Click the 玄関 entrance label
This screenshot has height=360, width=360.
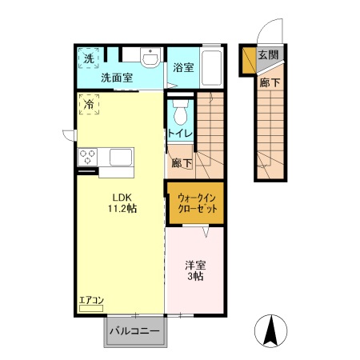pos(268,55)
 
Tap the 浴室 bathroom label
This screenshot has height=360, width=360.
pos(182,68)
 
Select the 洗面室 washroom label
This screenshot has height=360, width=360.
pos(116,78)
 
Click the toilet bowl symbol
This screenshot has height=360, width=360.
pos(179,111)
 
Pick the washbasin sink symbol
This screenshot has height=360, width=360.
pos(149,58)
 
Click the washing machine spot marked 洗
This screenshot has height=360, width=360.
pos(87,57)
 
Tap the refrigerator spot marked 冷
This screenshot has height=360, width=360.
pos(88,104)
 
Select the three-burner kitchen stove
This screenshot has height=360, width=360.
pos(87,157)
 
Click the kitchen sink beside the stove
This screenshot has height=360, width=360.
pos(121,157)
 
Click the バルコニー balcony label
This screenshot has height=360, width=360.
pos(134,331)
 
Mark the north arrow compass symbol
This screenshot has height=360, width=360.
pos(273,332)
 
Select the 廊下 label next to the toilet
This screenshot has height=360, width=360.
pos(182,164)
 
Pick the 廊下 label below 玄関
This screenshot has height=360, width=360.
pos(268,80)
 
